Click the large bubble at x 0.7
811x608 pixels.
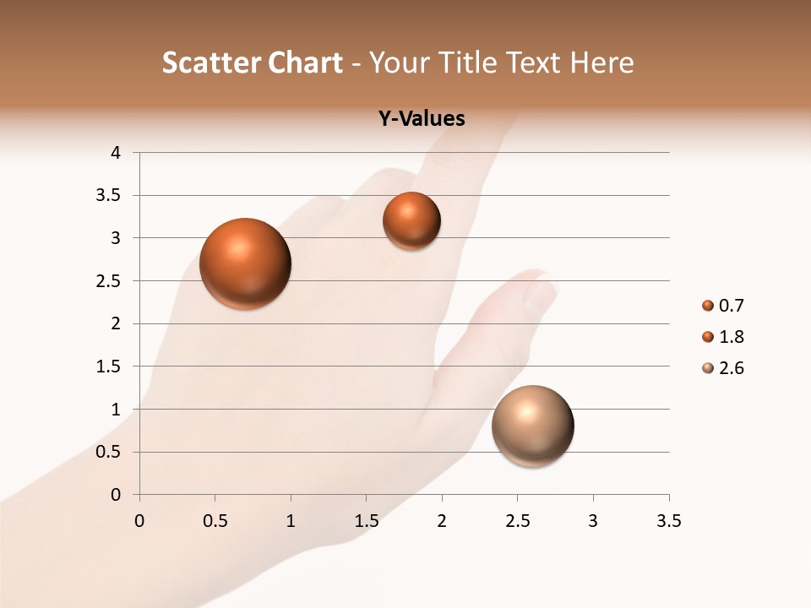245,263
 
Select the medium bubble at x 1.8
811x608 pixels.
411,220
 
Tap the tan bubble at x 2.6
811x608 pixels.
532,426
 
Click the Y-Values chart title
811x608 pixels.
421,119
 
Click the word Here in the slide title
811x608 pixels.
601,62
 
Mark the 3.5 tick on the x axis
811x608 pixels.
668,521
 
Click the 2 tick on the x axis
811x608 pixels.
442,521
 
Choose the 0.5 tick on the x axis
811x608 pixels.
215,521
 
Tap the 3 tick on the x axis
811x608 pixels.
593,521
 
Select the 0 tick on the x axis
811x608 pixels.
139,521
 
